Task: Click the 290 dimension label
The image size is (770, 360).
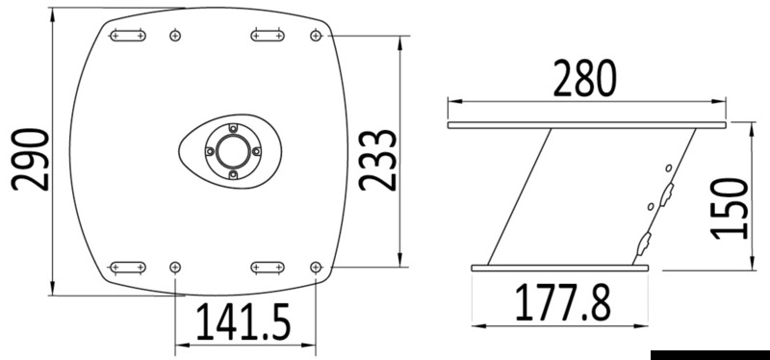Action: pyautogui.click(x=30, y=159)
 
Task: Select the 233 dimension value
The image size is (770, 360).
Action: pyautogui.click(x=377, y=160)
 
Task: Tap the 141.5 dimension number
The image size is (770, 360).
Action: pyautogui.click(x=244, y=322)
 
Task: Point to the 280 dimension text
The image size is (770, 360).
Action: pyautogui.click(x=584, y=78)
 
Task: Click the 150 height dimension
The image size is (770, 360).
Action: pyautogui.click(x=730, y=209)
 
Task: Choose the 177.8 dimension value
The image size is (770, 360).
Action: pyautogui.click(x=563, y=302)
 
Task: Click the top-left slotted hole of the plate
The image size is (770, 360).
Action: pyautogui.click(x=128, y=36)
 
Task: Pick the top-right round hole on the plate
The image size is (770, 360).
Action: pyautogui.click(x=316, y=36)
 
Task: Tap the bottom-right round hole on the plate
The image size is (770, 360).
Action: pyautogui.click(x=316, y=268)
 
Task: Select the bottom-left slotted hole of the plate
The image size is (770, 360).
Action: pyautogui.click(x=128, y=268)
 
